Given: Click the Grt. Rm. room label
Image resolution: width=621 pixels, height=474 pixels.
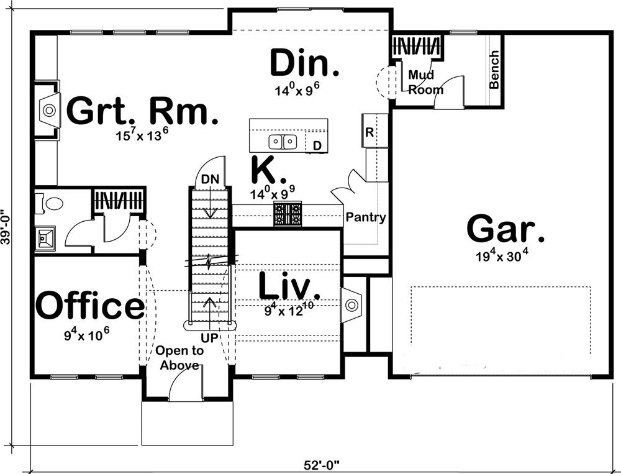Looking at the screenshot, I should click(142, 111).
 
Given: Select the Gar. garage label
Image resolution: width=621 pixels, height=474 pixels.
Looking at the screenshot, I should click(505, 229).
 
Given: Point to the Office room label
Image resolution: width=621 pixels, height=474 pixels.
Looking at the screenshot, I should click(90, 306).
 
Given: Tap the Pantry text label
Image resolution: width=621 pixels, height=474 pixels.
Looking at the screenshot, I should click(366, 217).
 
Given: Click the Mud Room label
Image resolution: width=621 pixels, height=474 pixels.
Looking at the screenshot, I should click(426, 82).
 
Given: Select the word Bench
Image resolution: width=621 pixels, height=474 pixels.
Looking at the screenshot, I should click(494, 70).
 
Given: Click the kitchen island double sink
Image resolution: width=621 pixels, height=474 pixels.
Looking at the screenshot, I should click(283, 142).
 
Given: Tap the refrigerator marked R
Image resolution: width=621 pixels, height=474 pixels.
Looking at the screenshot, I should click(369, 132).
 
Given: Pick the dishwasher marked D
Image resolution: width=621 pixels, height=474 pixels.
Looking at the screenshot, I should click(317, 146).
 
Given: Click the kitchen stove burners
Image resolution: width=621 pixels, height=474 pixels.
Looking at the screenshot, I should click(288, 214).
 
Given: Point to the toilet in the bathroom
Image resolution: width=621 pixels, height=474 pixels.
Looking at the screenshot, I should click(52, 203).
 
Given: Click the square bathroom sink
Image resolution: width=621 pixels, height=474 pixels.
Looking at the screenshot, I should click(45, 237).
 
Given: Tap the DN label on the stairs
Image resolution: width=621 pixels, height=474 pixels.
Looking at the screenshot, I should click(211, 180).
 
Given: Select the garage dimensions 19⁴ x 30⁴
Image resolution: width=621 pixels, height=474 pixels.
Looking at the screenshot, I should click(505, 255).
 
